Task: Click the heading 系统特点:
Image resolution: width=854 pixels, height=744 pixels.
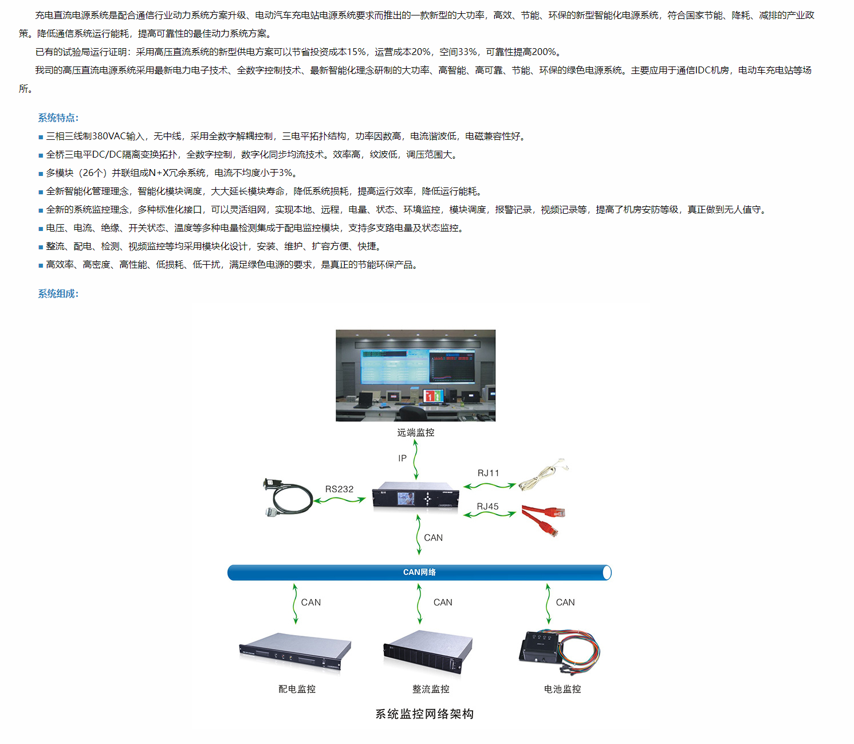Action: coord(58,118)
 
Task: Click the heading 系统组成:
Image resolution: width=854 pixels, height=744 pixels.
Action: coord(58,293)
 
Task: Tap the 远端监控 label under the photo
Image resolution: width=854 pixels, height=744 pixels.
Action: coord(415,432)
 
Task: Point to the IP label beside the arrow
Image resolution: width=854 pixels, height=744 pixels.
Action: coord(402,458)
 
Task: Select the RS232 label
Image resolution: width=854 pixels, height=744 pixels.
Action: coord(339,489)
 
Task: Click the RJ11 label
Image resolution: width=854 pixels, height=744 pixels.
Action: coord(488,473)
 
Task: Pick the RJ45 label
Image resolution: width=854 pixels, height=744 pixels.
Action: coord(487,506)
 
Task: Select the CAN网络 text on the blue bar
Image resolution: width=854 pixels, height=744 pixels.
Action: coord(419,572)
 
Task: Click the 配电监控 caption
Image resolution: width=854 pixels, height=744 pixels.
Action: coord(297,689)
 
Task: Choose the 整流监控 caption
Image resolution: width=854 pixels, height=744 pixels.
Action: coord(431,689)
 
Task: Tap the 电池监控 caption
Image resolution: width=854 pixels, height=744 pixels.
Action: coord(562,689)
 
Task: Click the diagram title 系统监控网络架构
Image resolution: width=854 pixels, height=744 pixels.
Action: coord(424,714)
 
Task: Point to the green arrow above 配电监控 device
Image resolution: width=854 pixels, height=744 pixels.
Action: coord(295,604)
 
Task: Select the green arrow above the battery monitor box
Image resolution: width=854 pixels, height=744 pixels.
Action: coord(548,604)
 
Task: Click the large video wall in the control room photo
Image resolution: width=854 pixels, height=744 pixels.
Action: coord(418,366)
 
